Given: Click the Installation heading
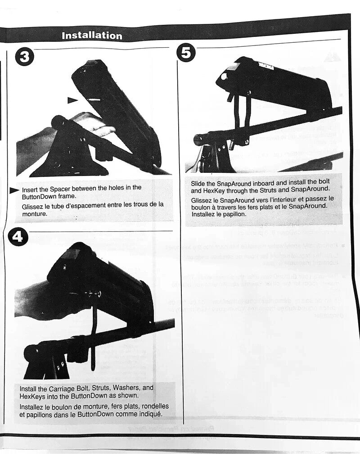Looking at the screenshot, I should coord(92,36).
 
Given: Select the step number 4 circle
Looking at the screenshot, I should coord(18,237).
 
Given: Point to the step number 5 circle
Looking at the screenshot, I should coord(186,52).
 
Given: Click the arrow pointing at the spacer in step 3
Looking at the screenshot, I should coord(72,100).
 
